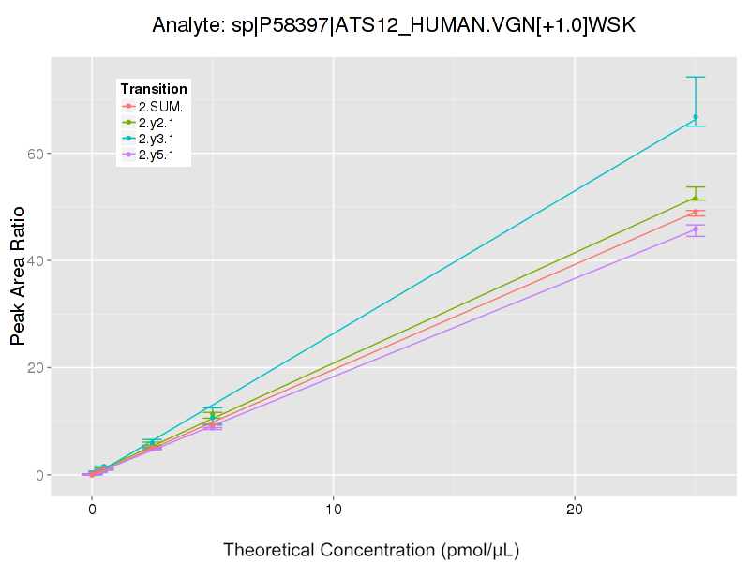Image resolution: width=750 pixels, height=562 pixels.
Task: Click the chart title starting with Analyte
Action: (x=394, y=26)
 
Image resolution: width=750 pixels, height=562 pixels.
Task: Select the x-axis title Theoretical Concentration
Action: (x=371, y=548)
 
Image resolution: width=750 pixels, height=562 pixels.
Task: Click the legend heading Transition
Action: (x=154, y=89)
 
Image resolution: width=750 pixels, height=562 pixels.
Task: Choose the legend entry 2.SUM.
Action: (x=160, y=106)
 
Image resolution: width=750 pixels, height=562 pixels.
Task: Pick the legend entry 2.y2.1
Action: (x=156, y=122)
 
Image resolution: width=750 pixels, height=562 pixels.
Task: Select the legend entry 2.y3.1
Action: (x=156, y=139)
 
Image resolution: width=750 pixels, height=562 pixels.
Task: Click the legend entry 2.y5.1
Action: (x=156, y=155)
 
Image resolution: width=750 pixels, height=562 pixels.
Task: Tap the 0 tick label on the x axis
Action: (x=92, y=508)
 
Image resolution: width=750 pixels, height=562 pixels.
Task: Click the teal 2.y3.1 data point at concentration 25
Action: (x=696, y=117)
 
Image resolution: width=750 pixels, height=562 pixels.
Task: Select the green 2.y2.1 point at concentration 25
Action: (x=696, y=198)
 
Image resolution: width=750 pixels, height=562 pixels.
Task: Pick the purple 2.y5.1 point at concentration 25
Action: (x=696, y=229)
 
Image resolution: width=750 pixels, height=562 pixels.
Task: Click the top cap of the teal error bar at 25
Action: (x=696, y=77)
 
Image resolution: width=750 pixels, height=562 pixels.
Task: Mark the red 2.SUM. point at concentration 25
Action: (x=696, y=213)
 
